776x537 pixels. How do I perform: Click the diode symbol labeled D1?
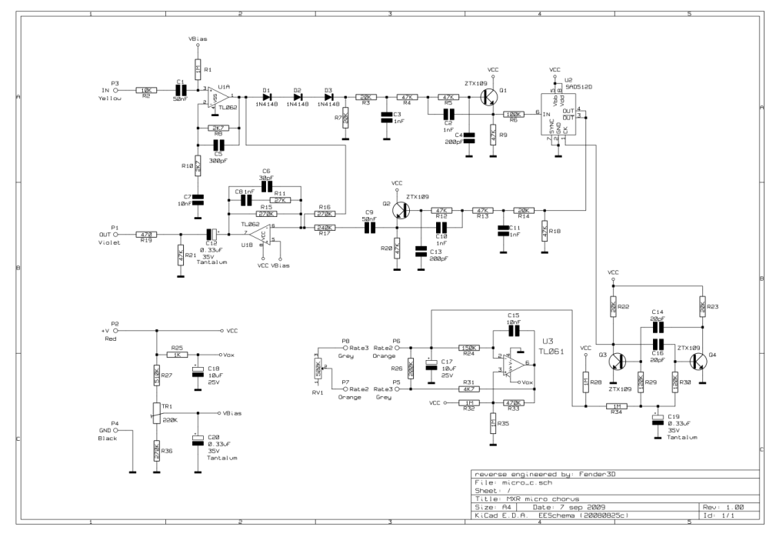[267, 97]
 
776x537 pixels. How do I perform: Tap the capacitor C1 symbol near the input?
[182, 90]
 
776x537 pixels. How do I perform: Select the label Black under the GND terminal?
[107, 437]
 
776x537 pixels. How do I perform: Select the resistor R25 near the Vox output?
[177, 355]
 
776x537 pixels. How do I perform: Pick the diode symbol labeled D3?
[328, 97]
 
